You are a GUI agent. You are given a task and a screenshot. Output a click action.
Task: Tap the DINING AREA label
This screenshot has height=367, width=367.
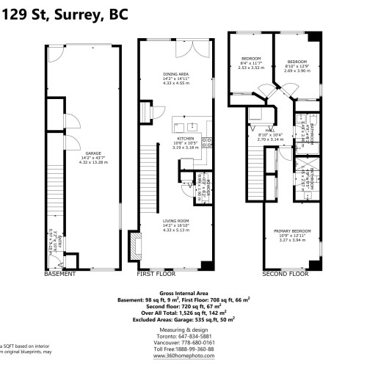[x=175, y=74]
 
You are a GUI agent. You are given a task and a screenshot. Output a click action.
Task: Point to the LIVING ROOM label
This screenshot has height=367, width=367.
[x=175, y=220]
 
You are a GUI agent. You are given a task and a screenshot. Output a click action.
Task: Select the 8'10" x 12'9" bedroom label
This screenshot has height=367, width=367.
[x=297, y=62]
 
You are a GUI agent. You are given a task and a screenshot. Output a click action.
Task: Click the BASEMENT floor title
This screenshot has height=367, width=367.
[x=59, y=274]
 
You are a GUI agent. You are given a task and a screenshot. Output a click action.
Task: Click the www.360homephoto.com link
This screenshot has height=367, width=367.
[x=184, y=356]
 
